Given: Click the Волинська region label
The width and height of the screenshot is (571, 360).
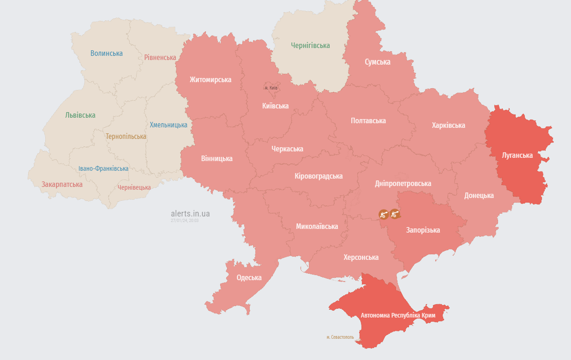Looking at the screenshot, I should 107,53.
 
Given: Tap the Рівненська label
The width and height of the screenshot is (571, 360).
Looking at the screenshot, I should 160,58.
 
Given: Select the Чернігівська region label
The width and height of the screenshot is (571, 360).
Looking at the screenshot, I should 310,46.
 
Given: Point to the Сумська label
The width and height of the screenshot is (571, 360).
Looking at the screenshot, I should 377,62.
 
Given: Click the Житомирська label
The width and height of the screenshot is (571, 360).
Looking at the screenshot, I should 210,80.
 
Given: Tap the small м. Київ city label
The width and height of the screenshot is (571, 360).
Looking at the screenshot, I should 271,88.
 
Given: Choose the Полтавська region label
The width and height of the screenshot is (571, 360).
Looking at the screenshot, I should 368,121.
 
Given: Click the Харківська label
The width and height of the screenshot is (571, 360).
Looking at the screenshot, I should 448,126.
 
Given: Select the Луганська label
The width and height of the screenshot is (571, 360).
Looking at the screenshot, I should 517,155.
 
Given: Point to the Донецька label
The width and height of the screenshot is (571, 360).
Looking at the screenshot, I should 479,196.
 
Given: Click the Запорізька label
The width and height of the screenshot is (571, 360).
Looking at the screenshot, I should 423,230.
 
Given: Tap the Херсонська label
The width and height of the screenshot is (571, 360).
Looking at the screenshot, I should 361,258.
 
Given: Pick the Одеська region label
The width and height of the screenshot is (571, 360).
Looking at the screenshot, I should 249,277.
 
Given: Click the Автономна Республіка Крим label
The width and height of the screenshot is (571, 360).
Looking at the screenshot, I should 397,315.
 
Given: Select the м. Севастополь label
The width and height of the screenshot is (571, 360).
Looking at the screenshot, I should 340,337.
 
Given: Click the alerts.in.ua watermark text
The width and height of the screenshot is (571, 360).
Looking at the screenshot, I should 190,214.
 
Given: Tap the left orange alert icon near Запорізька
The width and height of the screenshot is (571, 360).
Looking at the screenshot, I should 383,214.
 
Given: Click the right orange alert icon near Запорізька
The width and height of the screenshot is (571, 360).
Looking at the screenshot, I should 394,214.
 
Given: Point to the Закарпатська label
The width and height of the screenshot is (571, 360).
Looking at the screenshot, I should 62,185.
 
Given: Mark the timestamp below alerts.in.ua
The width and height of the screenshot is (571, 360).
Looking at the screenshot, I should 185,221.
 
